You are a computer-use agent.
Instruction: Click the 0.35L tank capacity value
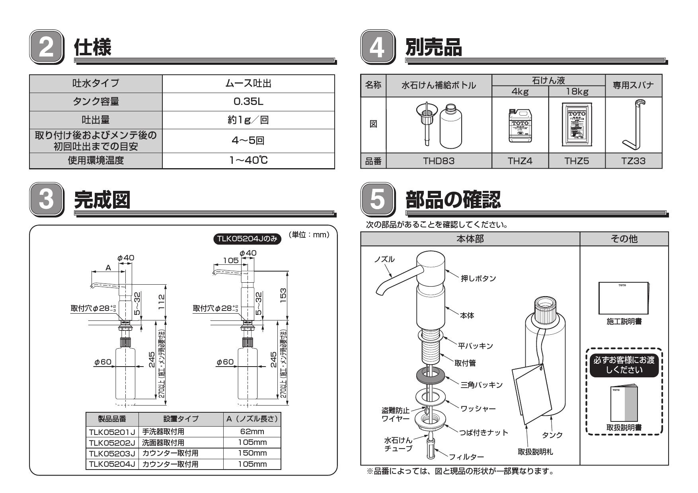point(248,102)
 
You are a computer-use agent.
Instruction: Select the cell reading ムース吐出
point(248,83)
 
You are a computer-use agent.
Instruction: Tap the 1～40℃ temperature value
point(248,161)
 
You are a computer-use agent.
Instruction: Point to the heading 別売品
point(434,47)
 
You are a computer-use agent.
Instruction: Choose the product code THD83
point(439,161)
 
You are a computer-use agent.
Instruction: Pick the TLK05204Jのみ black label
point(247,239)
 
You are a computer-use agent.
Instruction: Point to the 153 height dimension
point(283,295)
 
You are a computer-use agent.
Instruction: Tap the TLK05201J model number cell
point(112,432)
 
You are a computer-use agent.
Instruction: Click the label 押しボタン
point(478,278)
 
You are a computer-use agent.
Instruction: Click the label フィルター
point(466,457)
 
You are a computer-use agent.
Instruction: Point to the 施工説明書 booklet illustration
point(624,298)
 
